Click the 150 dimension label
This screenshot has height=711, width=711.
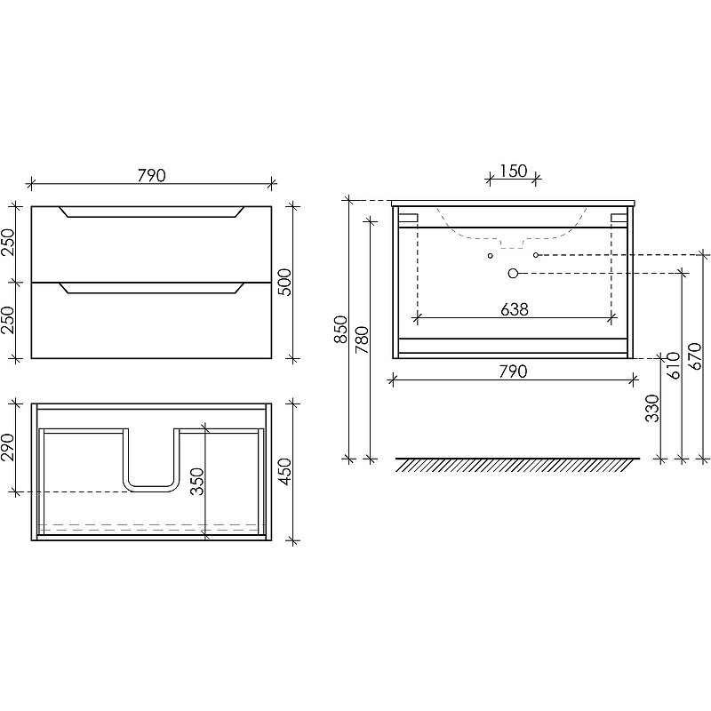(514, 171)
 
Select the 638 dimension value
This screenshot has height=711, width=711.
(515, 309)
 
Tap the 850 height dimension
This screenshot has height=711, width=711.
(340, 330)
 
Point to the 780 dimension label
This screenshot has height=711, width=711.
(362, 340)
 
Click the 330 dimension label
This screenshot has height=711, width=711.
(652, 408)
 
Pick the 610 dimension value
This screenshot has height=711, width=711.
(674, 366)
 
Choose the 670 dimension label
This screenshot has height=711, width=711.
(695, 356)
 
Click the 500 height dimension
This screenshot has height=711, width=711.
(284, 282)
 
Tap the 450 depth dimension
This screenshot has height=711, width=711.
(284, 472)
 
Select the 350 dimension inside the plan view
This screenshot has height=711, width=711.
(197, 482)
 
